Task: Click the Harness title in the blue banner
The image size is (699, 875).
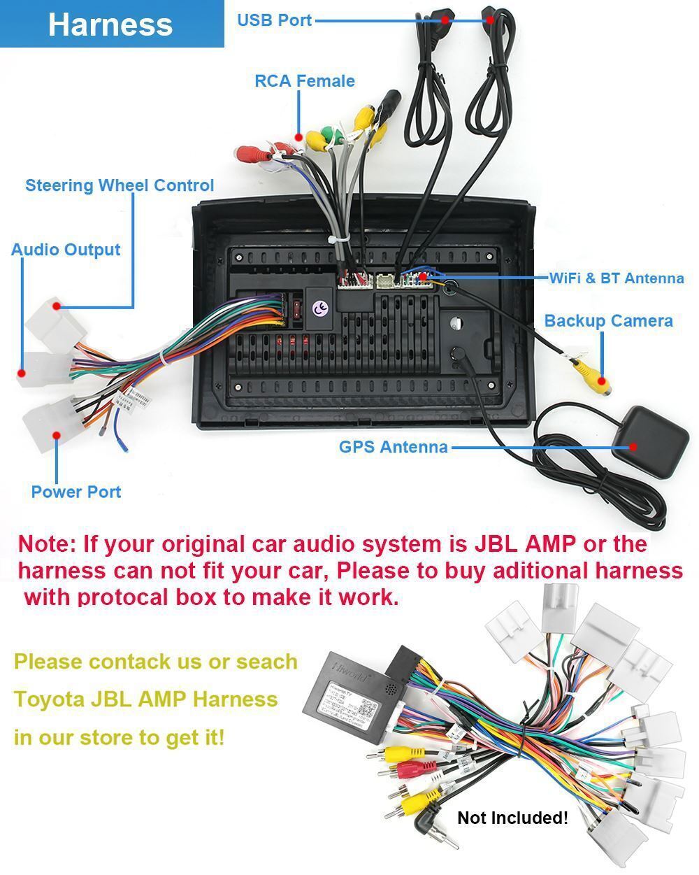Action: pos(110,24)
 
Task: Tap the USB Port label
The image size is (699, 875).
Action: pos(274,20)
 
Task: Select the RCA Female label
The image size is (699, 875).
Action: pos(304,81)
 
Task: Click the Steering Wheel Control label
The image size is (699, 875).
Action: pos(120,185)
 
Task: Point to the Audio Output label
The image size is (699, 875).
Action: pos(66,250)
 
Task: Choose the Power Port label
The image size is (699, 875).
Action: pos(76,492)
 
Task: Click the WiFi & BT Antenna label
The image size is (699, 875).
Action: pos(616,278)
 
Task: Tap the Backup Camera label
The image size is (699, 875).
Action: pos(608,321)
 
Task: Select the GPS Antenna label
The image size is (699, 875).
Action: pos(393,447)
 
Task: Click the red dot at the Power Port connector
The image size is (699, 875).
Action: pos(57,434)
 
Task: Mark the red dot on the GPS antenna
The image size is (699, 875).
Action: pos(633,447)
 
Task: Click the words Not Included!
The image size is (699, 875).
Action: pos(512,817)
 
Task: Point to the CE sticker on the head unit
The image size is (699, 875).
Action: pos(320,308)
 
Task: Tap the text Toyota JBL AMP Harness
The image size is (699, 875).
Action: pos(145,699)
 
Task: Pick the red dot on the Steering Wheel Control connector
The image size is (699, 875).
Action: pos(57,306)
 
